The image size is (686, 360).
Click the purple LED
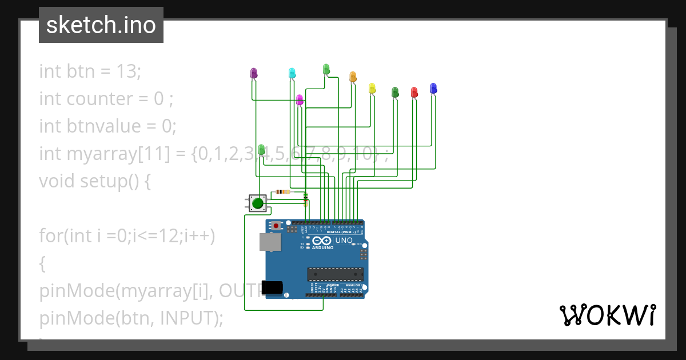click(254, 73)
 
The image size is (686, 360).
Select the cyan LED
click(292, 73)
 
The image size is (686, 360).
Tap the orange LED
click(353, 77)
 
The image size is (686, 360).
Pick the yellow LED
click(372, 88)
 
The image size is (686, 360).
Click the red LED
click(414, 91)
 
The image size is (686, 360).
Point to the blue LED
click(433, 88)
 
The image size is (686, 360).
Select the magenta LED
click(300, 99)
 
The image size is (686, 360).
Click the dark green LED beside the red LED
click(395, 91)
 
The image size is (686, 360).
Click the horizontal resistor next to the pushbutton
click(282, 192)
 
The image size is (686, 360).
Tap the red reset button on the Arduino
click(277, 226)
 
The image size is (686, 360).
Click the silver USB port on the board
click(270, 242)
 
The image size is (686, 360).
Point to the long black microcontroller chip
click(335, 274)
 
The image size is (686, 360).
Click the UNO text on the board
click(344, 241)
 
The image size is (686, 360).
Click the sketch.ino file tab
click(101, 25)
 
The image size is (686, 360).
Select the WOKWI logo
click(607, 315)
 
